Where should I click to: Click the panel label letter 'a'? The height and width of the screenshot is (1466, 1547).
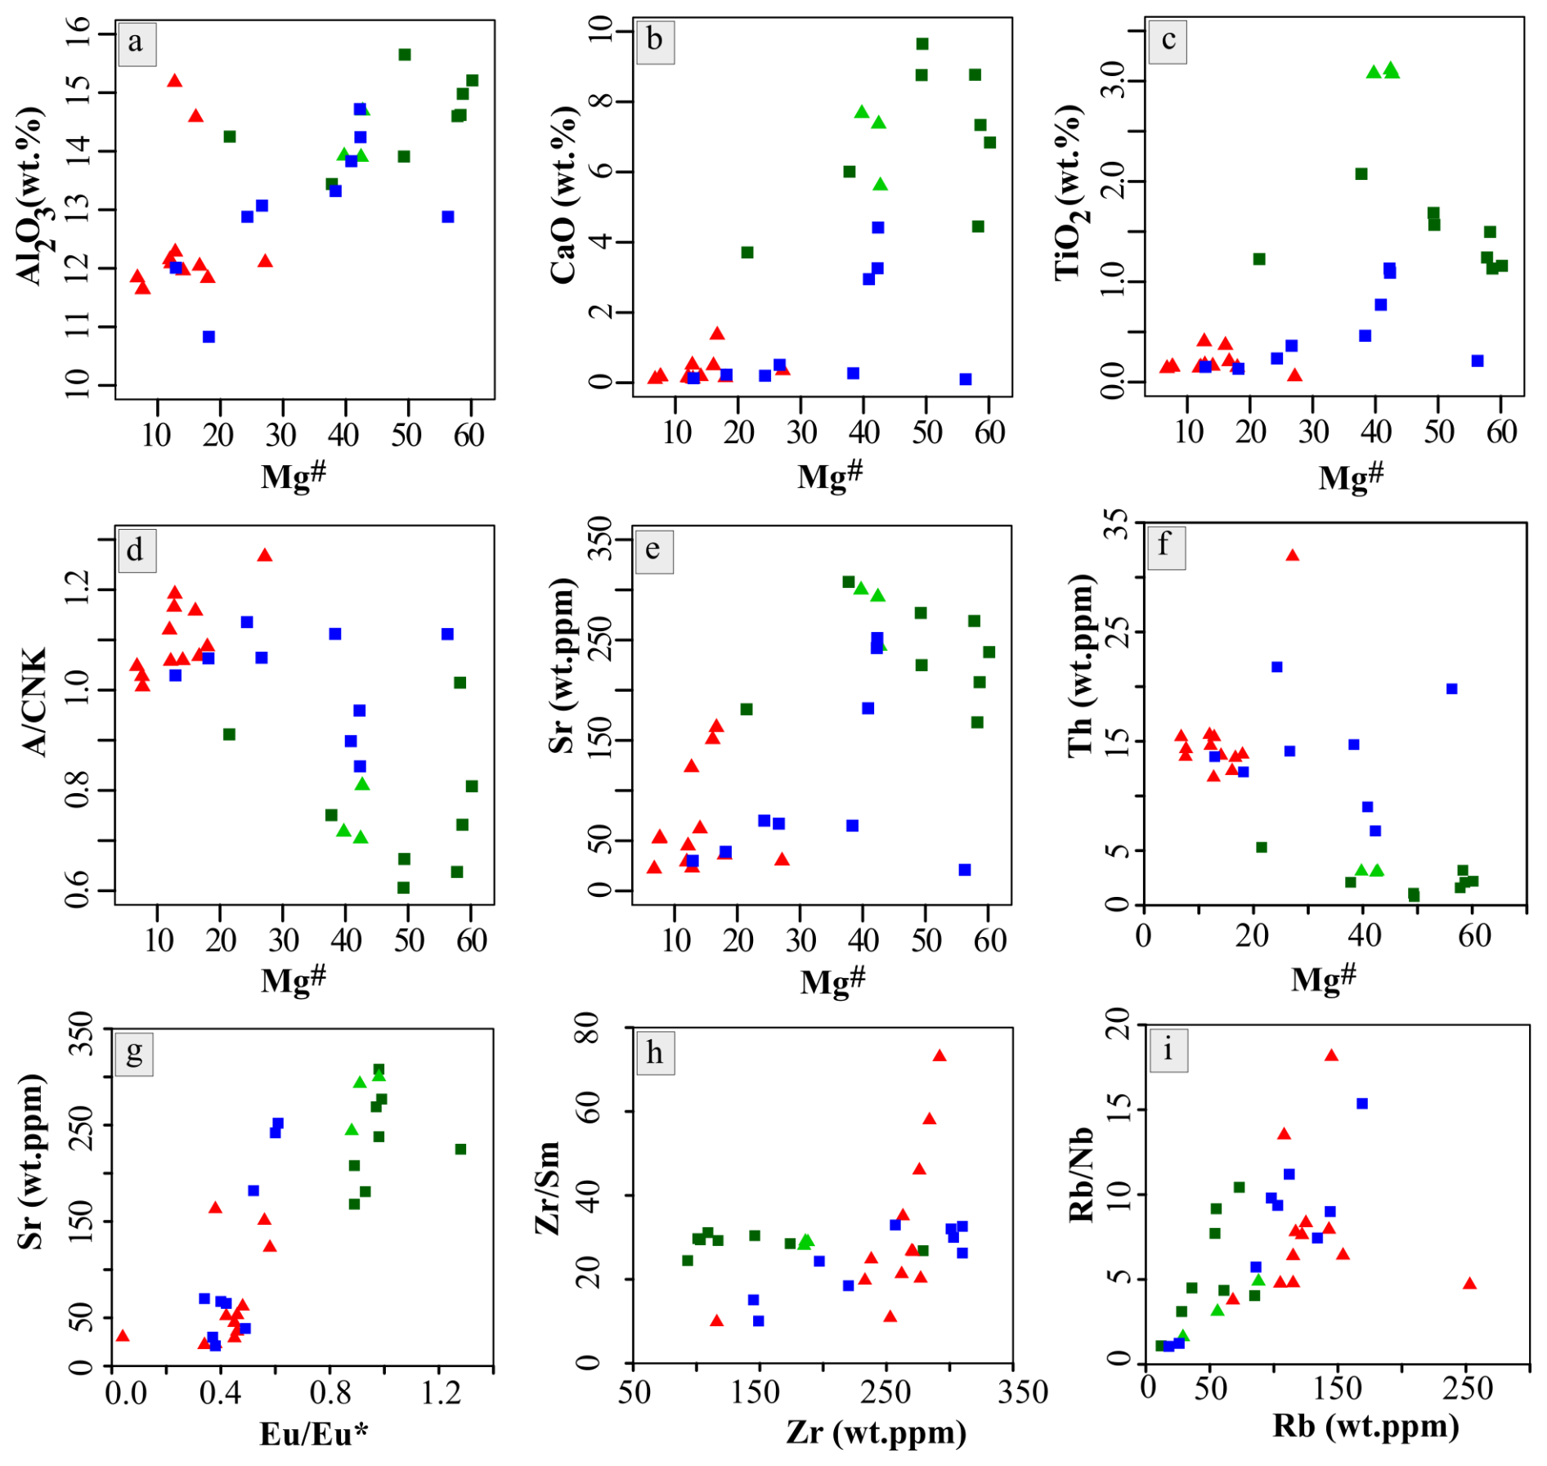[135, 42]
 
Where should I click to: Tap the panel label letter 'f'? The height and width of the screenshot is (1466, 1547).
[1164, 543]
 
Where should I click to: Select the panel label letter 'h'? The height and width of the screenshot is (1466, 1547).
[654, 1053]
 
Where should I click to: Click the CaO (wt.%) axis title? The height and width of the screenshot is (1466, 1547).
[563, 195]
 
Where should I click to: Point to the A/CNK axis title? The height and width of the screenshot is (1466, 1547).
[34, 702]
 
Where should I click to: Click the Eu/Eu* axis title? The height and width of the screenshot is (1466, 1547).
[314, 1433]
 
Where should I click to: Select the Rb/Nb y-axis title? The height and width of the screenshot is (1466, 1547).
[1081, 1175]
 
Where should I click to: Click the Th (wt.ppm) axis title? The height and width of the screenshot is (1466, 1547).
[1081, 666]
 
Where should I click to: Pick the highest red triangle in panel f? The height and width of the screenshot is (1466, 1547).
[1292, 555]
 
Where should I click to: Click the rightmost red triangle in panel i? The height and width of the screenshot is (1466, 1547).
[1469, 1283]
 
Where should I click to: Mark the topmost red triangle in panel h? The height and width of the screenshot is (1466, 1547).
[939, 1056]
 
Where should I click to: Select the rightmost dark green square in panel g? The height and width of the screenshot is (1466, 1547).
[460, 1149]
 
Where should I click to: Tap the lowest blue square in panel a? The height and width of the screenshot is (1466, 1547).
[209, 337]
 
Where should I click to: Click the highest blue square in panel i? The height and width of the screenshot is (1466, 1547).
[1362, 1104]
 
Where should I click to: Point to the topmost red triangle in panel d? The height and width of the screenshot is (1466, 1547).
[264, 555]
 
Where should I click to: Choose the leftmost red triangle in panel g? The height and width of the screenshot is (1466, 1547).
[123, 1335]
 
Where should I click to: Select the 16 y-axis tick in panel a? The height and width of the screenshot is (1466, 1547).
[79, 34]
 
